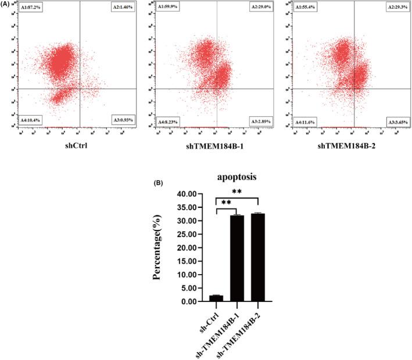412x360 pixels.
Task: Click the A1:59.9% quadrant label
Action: pos(169,7)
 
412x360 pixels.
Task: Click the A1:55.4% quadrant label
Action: pos(307,7)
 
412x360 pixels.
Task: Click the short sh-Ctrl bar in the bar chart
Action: pos(216,298)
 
